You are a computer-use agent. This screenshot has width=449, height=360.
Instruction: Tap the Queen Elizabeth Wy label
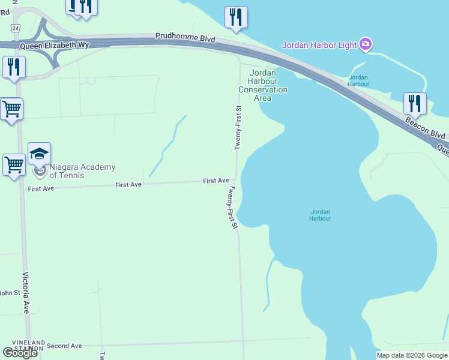[54, 45]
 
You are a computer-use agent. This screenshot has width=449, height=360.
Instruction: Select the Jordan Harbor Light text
[320, 44]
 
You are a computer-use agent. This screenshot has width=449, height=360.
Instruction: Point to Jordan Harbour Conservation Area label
[263, 85]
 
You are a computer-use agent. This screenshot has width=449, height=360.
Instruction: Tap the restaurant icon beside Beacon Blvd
[415, 104]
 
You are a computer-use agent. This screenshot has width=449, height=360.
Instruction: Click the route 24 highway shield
[15, 28]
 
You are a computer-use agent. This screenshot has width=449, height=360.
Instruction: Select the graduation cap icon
[39, 154]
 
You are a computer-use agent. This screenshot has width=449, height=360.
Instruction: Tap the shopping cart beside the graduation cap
[13, 163]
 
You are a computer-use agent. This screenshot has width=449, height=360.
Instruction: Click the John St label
[8, 293]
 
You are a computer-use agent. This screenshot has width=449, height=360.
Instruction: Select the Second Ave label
[64, 346]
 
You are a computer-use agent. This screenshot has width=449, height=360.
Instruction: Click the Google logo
[20, 353]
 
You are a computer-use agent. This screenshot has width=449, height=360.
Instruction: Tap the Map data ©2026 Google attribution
[411, 355]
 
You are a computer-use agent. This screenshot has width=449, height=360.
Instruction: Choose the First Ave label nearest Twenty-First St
[215, 181]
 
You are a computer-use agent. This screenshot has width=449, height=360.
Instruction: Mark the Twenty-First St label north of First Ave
[238, 128]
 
